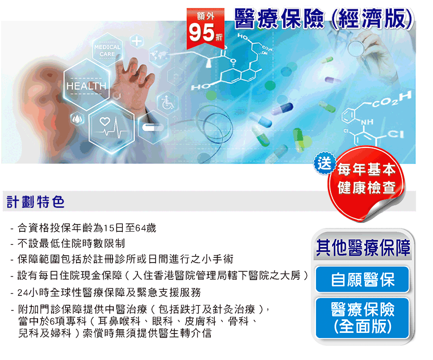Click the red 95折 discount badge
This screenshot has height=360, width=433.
click(205, 29)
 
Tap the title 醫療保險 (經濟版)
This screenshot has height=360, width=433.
click(324, 19)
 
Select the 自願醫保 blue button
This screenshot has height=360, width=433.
click(362, 279)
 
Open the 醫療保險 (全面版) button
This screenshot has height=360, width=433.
click(362, 318)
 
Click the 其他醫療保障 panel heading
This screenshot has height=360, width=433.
click(363, 247)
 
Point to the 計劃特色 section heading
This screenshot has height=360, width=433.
click(35, 202)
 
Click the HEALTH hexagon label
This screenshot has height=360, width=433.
click(86, 86)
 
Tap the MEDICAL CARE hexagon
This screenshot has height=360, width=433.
click(107, 51)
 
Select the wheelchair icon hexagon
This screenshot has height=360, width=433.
click(168, 103)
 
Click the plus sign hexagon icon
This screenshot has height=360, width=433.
click(137, 41)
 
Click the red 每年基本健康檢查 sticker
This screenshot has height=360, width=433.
click(366, 182)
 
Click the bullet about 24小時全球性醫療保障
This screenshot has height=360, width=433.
click(106, 292)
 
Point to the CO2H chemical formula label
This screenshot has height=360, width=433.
click(391, 100)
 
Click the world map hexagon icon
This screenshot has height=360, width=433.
click(159, 55)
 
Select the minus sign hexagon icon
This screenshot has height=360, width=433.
click(152, 128)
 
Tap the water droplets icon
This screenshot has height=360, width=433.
click(78, 119)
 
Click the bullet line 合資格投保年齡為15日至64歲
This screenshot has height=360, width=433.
click(83, 228)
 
